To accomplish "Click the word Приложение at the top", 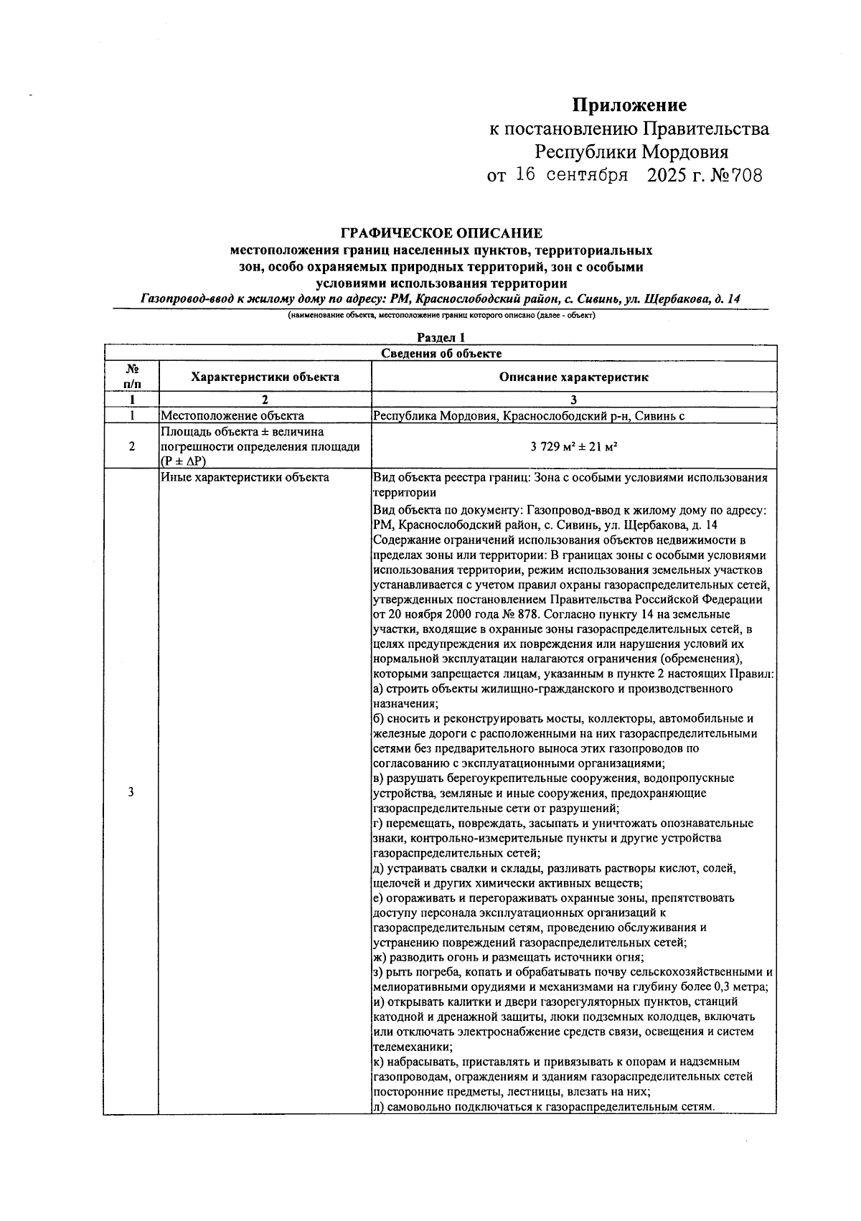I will click(629, 106).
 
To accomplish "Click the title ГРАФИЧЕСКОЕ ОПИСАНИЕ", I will click(441, 233).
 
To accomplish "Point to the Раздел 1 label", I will click(441, 338).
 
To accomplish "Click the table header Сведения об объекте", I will click(441, 353).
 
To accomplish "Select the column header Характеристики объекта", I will click(265, 377).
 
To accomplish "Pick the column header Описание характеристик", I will click(573, 377).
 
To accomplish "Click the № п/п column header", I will click(131, 377).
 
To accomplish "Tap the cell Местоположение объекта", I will click(232, 415).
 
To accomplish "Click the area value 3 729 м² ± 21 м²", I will click(574, 446).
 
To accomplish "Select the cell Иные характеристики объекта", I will click(245, 477).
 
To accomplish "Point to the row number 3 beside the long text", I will click(131, 792).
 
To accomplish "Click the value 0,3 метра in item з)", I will click(739, 987).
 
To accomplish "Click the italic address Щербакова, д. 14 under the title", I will click(693, 299).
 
